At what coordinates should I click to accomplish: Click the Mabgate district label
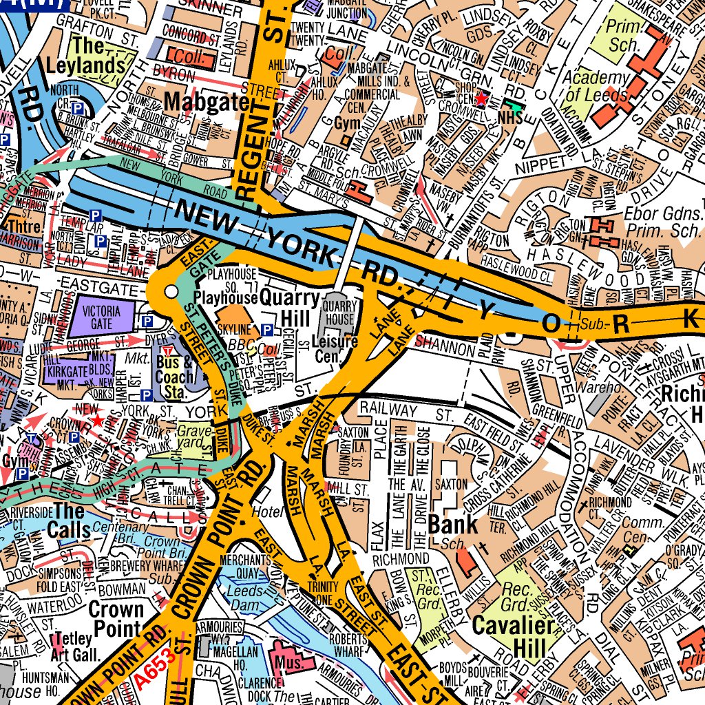[x=206, y=103]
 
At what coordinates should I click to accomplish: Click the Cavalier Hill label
[x=513, y=635]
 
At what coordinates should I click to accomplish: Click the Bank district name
[x=452, y=524]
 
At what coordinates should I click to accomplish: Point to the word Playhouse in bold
[x=224, y=297]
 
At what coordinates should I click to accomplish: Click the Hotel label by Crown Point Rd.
[x=268, y=512]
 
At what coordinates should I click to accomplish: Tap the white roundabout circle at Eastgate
[x=171, y=293]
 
